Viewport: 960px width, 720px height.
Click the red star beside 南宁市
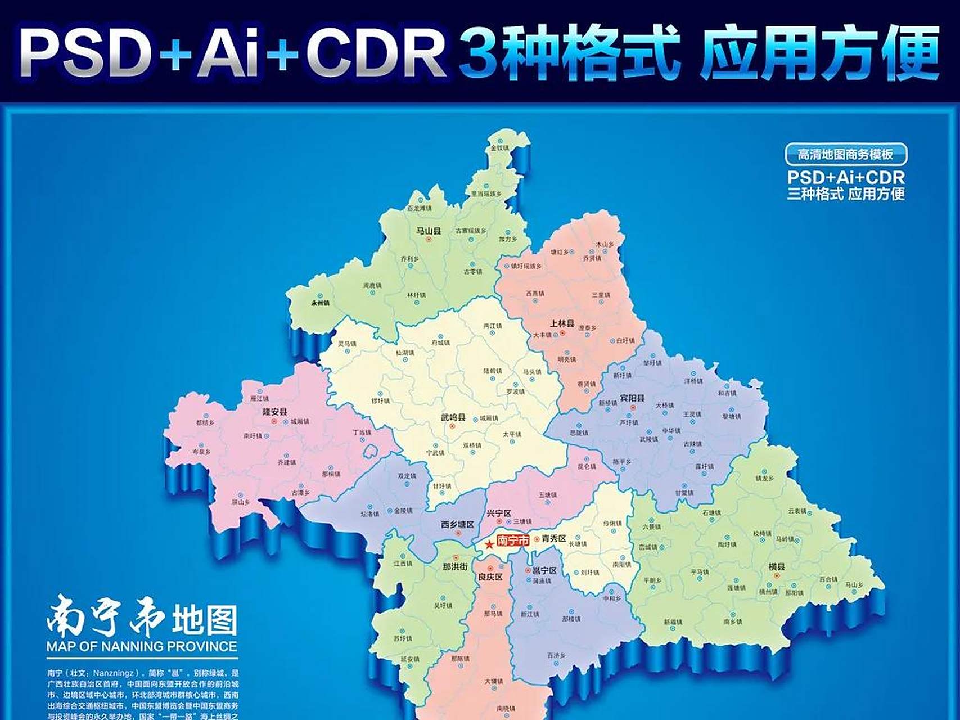[x=489, y=544]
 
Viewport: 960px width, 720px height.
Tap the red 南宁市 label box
[x=513, y=541]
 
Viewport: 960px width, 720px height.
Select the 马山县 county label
[x=428, y=231]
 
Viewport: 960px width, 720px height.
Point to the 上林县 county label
[x=562, y=324]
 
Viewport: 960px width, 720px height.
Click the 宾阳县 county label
[x=632, y=398]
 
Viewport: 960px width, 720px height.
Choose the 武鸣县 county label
[x=453, y=417]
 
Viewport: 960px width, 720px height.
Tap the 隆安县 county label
[x=274, y=412]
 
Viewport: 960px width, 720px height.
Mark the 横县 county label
[x=776, y=567]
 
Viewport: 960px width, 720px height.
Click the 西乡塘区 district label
[x=457, y=525]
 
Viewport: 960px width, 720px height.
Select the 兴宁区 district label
[x=498, y=514]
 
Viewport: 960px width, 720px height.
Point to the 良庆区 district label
[x=490, y=577]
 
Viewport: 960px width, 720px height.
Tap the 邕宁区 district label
[x=544, y=570]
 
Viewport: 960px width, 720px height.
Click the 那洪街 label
[x=455, y=566]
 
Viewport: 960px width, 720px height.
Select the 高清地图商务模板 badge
[x=846, y=154]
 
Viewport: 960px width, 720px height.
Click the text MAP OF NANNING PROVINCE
[x=142, y=646]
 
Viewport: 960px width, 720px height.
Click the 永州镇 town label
[x=320, y=303]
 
